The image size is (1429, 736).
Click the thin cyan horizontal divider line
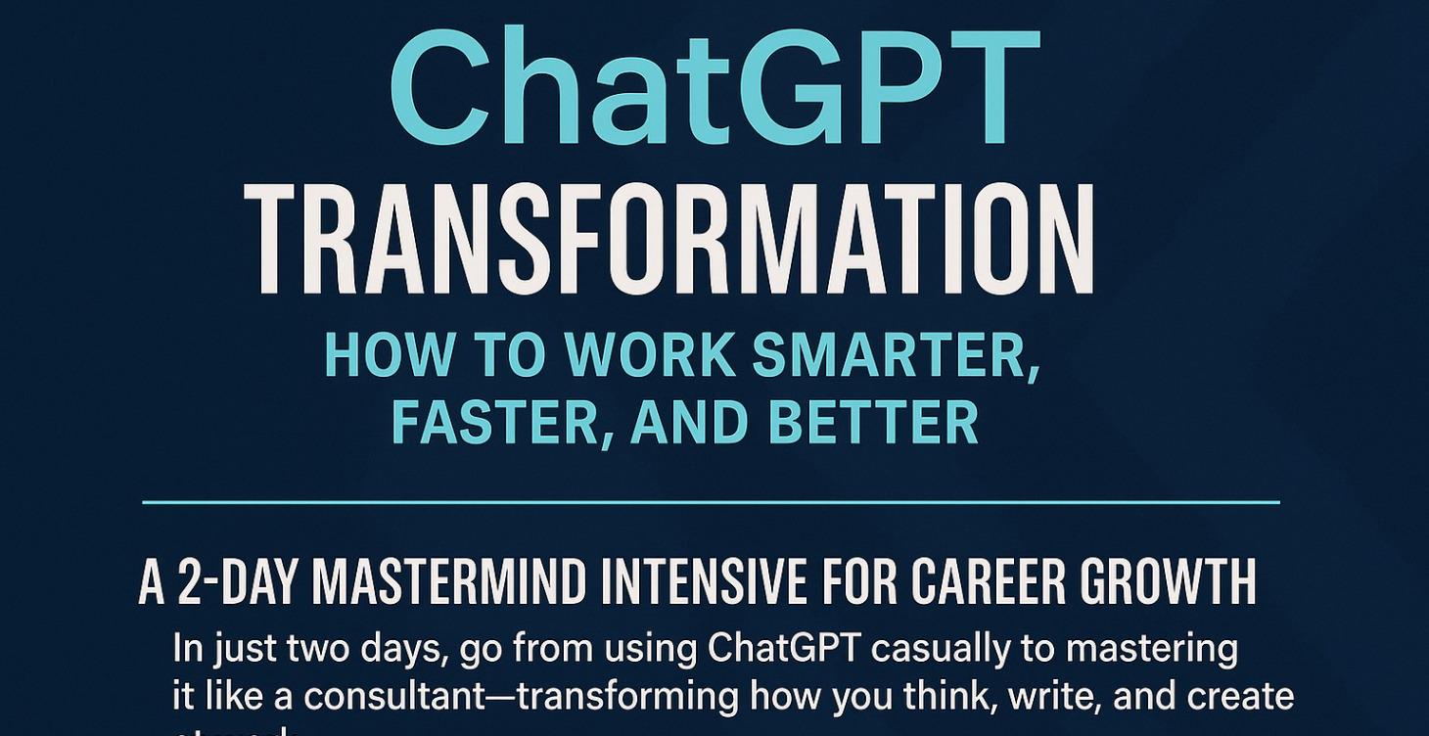(712, 502)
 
